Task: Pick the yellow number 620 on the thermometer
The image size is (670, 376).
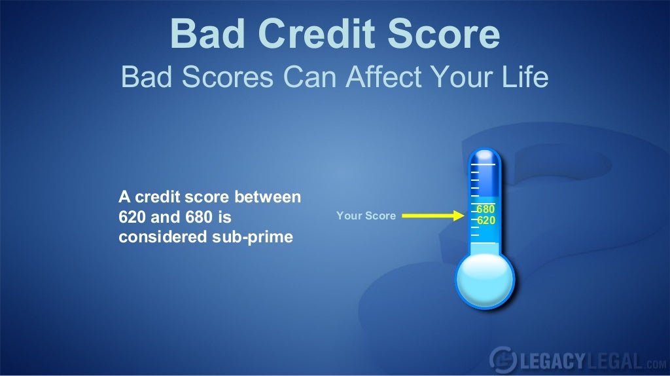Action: tap(485, 221)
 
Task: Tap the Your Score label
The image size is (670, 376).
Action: tap(366, 216)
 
